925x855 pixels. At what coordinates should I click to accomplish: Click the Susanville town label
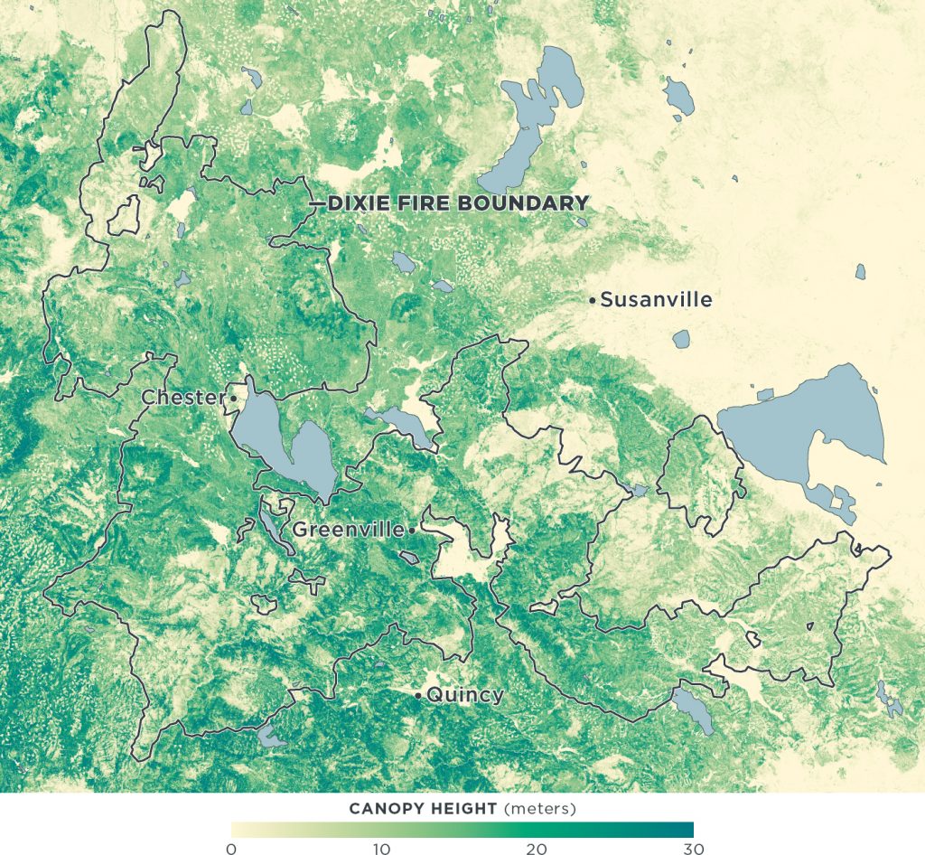tap(656, 299)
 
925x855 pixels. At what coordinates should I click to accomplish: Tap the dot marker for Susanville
tap(592, 299)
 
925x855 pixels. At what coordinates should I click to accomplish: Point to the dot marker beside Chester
tap(233, 398)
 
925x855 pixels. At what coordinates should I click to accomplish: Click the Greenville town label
tap(348, 530)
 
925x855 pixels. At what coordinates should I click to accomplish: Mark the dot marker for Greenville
tap(411, 530)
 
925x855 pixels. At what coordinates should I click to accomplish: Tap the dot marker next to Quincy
tap(417, 695)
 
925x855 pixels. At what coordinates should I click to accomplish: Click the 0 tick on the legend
tap(231, 848)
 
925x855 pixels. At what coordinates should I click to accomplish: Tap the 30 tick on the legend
tap(690, 848)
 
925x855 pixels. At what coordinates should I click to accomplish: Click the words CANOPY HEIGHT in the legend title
tap(422, 807)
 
